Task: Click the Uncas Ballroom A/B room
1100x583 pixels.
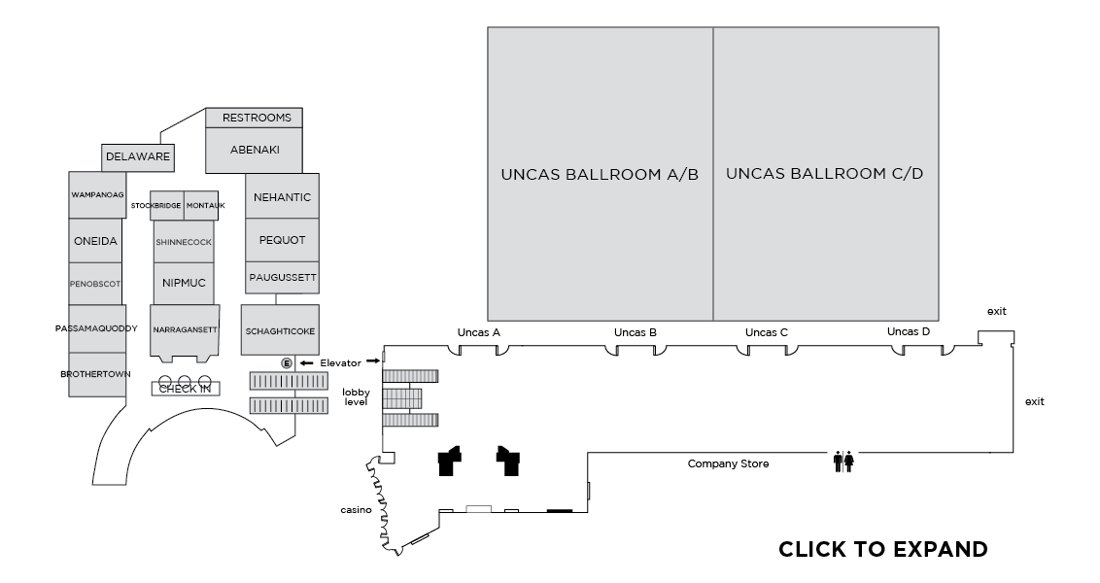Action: click(600, 174)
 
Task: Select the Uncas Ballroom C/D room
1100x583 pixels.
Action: click(825, 174)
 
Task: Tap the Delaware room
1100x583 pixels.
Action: click(138, 155)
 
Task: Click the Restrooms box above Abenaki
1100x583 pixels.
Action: click(257, 118)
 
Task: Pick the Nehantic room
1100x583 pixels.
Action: click(282, 197)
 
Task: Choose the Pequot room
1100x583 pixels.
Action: click(282, 240)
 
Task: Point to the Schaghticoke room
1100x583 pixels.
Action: click(281, 331)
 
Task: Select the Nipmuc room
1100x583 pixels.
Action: click(183, 284)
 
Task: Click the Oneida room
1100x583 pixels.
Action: click(95, 240)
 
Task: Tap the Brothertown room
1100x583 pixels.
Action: click(96, 373)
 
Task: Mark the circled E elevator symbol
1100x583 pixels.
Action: click(287, 362)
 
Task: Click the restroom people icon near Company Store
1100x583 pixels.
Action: click(842, 462)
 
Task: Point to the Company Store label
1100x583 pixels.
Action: click(728, 463)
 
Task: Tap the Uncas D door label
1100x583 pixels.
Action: click(909, 331)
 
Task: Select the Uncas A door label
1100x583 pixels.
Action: click(478, 332)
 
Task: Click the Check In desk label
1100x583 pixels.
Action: click(185, 389)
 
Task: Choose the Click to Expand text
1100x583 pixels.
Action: click(882, 549)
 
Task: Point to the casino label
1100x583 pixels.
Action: click(356, 510)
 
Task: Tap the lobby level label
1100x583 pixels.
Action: click(356, 397)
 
